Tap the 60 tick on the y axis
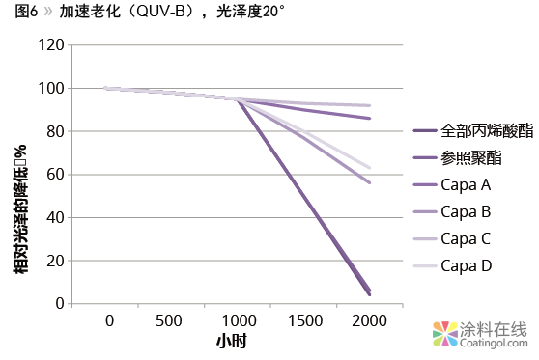pyautogui.click(x=54, y=175)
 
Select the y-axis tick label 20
pyautogui.click(x=54, y=261)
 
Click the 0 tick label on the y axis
pyautogui.click(x=58, y=304)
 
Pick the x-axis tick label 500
pyautogui.click(x=168, y=320)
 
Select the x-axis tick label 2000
pyautogui.click(x=370, y=320)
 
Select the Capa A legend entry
pyautogui.click(x=466, y=184)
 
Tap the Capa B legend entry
pyautogui.click(x=466, y=211)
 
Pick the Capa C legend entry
pyautogui.click(x=466, y=237)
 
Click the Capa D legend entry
pyautogui.click(x=466, y=264)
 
